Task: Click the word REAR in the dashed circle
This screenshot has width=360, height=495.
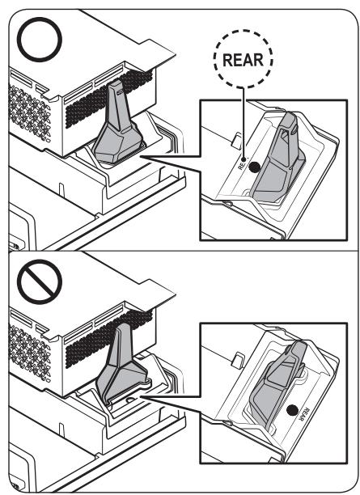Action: click(x=243, y=60)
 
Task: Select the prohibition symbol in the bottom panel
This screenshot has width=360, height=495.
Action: click(x=39, y=281)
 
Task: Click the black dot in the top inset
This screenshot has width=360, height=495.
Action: click(x=254, y=167)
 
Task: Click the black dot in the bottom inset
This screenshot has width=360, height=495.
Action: click(x=292, y=410)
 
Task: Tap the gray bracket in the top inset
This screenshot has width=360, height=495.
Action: click(x=278, y=158)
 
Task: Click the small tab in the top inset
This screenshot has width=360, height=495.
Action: click(x=236, y=140)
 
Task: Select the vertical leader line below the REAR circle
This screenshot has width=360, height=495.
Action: click(x=244, y=122)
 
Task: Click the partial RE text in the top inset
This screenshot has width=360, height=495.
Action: click(x=241, y=164)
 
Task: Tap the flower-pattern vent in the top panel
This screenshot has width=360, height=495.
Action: click(x=29, y=112)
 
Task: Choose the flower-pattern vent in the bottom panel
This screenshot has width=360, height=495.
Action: click(x=29, y=353)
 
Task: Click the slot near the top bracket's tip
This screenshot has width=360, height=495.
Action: click(x=120, y=92)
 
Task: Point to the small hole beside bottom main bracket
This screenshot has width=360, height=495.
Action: click(x=129, y=400)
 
